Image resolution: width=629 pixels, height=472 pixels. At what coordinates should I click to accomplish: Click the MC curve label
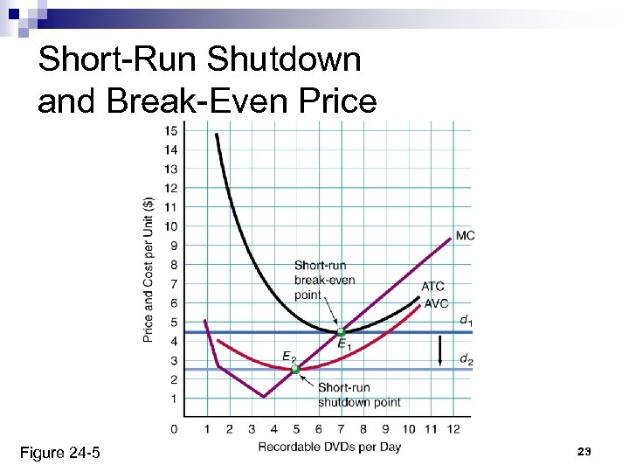[x=465, y=236]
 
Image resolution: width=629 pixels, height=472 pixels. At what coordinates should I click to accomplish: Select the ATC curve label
[x=432, y=287]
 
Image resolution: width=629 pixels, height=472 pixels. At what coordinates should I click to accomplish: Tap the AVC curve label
[x=435, y=303]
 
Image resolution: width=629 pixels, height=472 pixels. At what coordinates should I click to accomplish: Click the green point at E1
[x=341, y=332]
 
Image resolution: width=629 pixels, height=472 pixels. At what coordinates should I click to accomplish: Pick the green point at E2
[x=295, y=370]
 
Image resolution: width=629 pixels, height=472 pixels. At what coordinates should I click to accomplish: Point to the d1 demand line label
[x=467, y=321]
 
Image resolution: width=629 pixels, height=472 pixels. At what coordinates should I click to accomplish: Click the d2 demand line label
[x=467, y=359]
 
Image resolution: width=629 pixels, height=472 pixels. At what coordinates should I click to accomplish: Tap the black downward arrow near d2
[x=441, y=352]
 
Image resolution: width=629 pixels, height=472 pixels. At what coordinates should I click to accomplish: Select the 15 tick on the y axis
[x=171, y=131]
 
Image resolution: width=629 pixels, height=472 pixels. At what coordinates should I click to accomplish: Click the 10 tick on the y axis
[x=171, y=226]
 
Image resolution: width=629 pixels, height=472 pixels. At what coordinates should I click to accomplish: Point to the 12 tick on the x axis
[x=453, y=428]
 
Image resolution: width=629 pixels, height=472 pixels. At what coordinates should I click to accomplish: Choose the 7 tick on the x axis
[x=341, y=428]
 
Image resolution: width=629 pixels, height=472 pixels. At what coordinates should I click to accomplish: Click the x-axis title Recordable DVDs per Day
[x=329, y=447]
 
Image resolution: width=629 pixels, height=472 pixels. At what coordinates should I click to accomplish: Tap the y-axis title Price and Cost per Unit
[x=149, y=269]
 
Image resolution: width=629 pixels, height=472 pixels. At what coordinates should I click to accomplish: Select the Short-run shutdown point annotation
[x=359, y=394]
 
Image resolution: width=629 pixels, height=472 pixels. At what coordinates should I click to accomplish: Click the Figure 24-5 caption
[x=59, y=452]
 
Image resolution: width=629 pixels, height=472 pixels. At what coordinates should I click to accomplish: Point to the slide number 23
[x=584, y=451]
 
